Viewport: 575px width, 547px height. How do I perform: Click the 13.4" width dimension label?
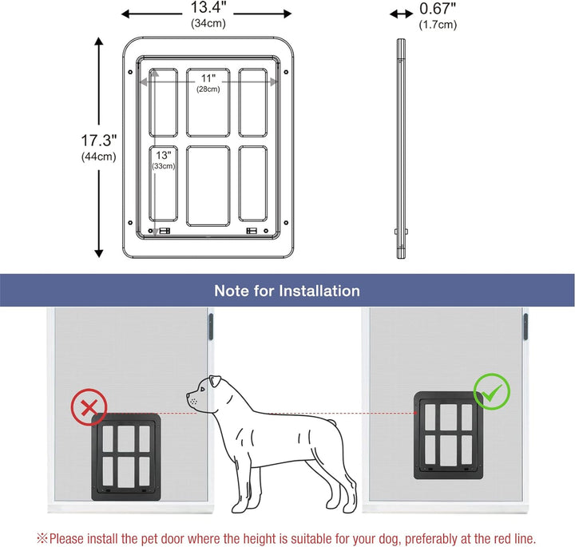pos(206,10)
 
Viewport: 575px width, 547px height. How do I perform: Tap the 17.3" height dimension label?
pos(98,140)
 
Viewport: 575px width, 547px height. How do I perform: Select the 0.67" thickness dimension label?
pos(438,10)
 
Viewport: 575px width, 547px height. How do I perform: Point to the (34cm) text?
pos(206,24)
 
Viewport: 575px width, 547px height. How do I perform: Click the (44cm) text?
pos(98,157)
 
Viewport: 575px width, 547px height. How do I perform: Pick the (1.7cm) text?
pos(438,25)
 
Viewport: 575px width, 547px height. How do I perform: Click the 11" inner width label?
pos(208,78)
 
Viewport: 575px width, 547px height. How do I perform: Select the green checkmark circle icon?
pos(491,392)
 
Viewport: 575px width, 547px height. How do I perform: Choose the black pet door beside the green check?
pos(445,435)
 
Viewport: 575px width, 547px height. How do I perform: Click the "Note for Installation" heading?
pos(287,291)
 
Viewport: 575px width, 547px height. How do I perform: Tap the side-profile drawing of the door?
pos(400,148)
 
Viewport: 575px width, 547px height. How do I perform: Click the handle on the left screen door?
pos(211,327)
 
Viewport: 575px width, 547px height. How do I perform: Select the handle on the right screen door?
pos(525,327)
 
